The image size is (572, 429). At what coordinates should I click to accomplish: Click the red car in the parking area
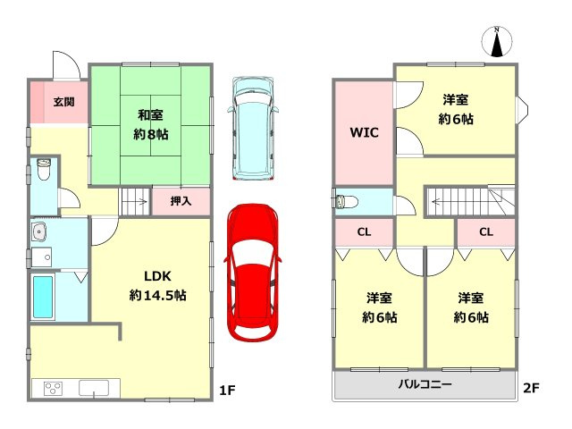252,273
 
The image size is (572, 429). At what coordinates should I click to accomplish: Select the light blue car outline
252,129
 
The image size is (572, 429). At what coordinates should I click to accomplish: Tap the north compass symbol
497,42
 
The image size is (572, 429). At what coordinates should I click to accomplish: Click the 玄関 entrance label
63,102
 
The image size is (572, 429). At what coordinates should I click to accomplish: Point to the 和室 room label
150,115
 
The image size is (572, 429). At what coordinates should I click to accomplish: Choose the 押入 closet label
181,200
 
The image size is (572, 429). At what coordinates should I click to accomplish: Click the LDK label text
157,276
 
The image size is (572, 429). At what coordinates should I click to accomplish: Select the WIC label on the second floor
364,132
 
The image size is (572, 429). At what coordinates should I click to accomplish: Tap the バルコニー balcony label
425,383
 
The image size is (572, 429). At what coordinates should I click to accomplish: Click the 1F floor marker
227,391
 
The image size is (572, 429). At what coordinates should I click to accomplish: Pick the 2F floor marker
531,388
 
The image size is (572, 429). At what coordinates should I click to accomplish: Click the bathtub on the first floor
43,297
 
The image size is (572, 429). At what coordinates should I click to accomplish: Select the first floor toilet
44,169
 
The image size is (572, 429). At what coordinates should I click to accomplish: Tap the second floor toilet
347,201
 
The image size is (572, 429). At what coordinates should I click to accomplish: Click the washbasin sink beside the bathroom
39,231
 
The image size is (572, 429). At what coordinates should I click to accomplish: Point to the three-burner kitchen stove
54,388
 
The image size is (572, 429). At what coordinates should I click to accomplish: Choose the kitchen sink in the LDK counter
94,388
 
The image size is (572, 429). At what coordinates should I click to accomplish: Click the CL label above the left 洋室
364,232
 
